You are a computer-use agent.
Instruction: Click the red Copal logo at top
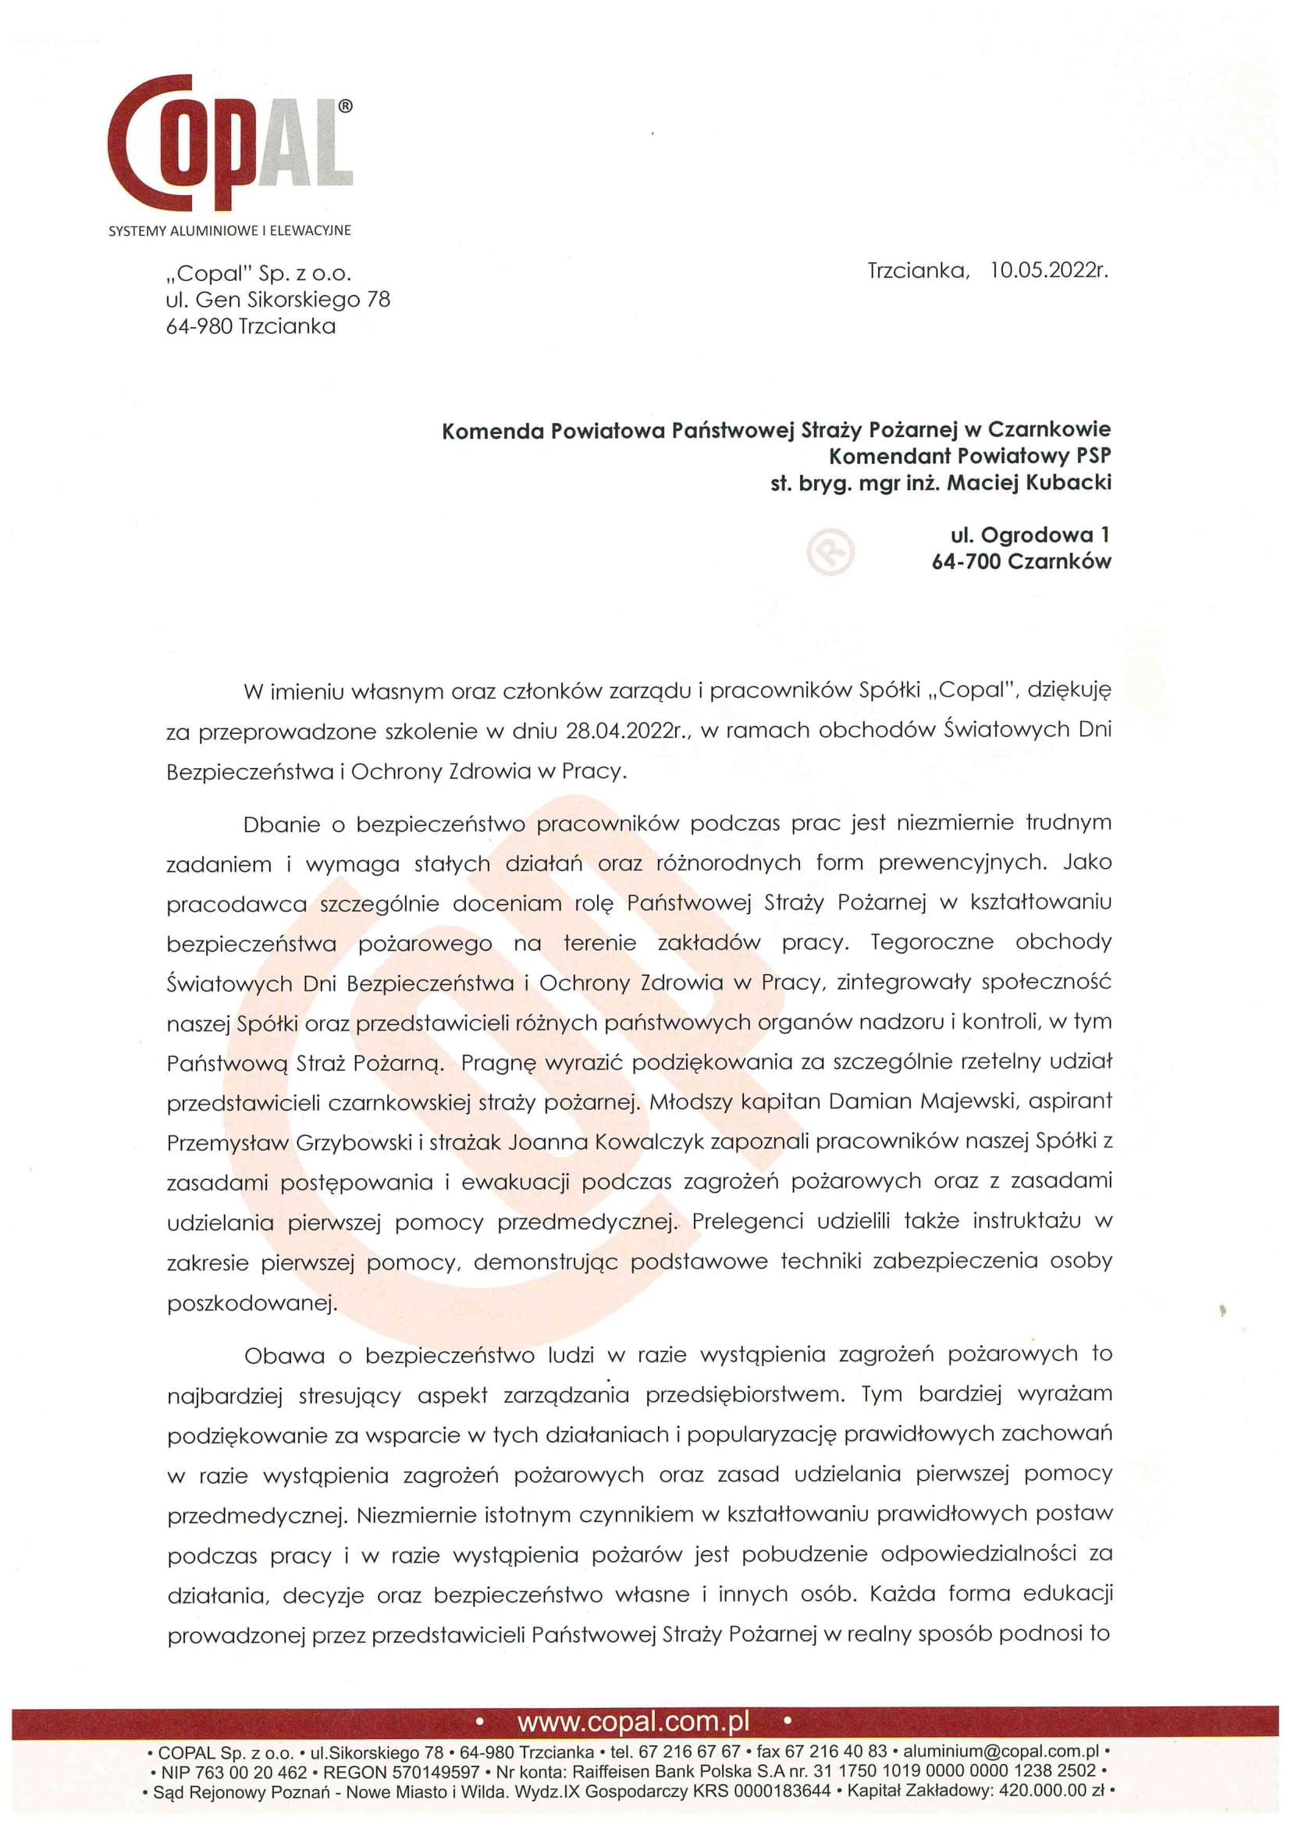(x=229, y=143)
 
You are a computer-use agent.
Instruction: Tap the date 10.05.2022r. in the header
(x=1048, y=270)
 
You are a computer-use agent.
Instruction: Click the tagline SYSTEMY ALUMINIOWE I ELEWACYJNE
(x=229, y=230)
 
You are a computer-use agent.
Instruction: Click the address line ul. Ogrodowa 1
(x=1030, y=535)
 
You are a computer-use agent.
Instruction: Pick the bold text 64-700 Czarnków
(x=1022, y=561)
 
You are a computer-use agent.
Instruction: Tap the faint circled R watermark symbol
(x=830, y=551)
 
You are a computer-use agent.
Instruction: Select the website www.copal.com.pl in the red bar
(x=634, y=1722)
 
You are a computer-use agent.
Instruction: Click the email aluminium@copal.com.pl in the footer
(x=1001, y=1751)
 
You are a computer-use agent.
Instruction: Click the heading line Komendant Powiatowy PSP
(x=970, y=456)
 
